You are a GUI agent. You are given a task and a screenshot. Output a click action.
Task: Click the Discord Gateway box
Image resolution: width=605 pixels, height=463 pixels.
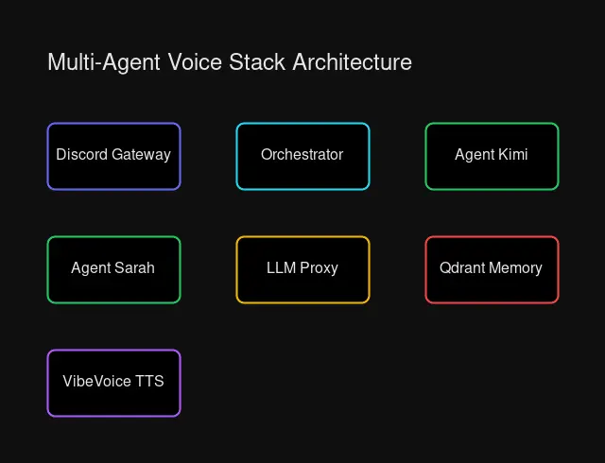pos(113,156)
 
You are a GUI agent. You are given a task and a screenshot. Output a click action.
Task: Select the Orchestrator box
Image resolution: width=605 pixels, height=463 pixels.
pos(302,156)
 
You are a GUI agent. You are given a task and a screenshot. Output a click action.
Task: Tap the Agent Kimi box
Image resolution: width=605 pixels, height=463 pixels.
pos(492,156)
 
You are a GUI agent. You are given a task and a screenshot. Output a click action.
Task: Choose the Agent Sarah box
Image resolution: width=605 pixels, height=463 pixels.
pos(113,269)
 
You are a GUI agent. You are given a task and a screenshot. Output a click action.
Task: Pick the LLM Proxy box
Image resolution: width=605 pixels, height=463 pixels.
pos(302,269)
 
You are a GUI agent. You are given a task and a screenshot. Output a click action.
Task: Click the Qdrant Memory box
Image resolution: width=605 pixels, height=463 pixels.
pos(492,269)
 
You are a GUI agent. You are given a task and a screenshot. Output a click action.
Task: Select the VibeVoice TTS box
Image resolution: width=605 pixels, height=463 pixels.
pos(113,383)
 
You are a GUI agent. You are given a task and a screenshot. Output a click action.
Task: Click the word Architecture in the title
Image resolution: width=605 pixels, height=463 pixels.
pos(352,62)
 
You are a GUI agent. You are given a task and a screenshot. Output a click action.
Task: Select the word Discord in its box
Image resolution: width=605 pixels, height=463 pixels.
pos(81,155)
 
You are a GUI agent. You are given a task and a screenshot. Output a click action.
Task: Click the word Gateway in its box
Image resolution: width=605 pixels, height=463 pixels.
pos(141,155)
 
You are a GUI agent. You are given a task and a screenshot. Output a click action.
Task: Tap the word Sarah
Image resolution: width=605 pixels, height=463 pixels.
pos(134,268)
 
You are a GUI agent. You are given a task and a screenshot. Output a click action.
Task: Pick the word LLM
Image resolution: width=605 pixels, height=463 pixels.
pos(281,268)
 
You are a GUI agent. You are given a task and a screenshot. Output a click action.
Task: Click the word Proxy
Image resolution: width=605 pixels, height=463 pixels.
pos(319,268)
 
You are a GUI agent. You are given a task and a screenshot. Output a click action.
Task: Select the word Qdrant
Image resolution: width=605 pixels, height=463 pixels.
pos(462,268)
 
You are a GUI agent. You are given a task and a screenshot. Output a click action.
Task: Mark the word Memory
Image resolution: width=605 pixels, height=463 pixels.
pos(516,268)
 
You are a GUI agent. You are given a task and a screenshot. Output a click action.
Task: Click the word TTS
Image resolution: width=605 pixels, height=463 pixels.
pos(148,382)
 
